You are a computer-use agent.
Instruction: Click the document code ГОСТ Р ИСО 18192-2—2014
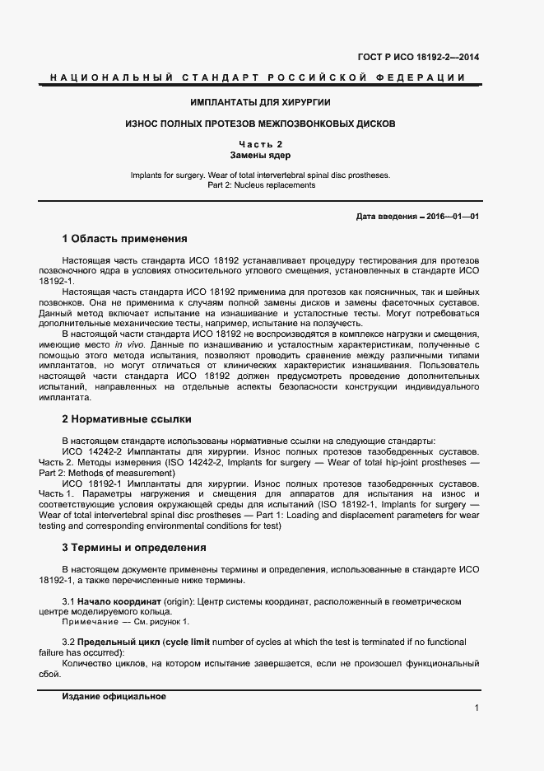pyautogui.click(x=418, y=58)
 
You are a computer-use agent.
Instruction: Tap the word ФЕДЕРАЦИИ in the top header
pyautogui.click(x=421, y=77)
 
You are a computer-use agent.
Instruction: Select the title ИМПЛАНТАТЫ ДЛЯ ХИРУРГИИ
pyautogui.click(x=260, y=102)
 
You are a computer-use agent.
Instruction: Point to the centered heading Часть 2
pyautogui.click(x=260, y=144)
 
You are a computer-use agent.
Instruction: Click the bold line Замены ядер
pyautogui.click(x=260, y=155)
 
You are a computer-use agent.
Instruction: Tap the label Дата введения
pyautogui.click(x=385, y=217)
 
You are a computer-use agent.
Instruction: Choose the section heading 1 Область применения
pyautogui.click(x=124, y=239)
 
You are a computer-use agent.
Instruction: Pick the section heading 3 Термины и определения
pyautogui.click(x=134, y=547)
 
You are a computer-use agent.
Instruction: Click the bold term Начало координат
pyautogui.click(x=117, y=601)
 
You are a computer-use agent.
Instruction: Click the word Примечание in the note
pyautogui.click(x=88, y=622)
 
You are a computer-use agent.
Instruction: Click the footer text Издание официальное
pyautogui.click(x=114, y=696)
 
